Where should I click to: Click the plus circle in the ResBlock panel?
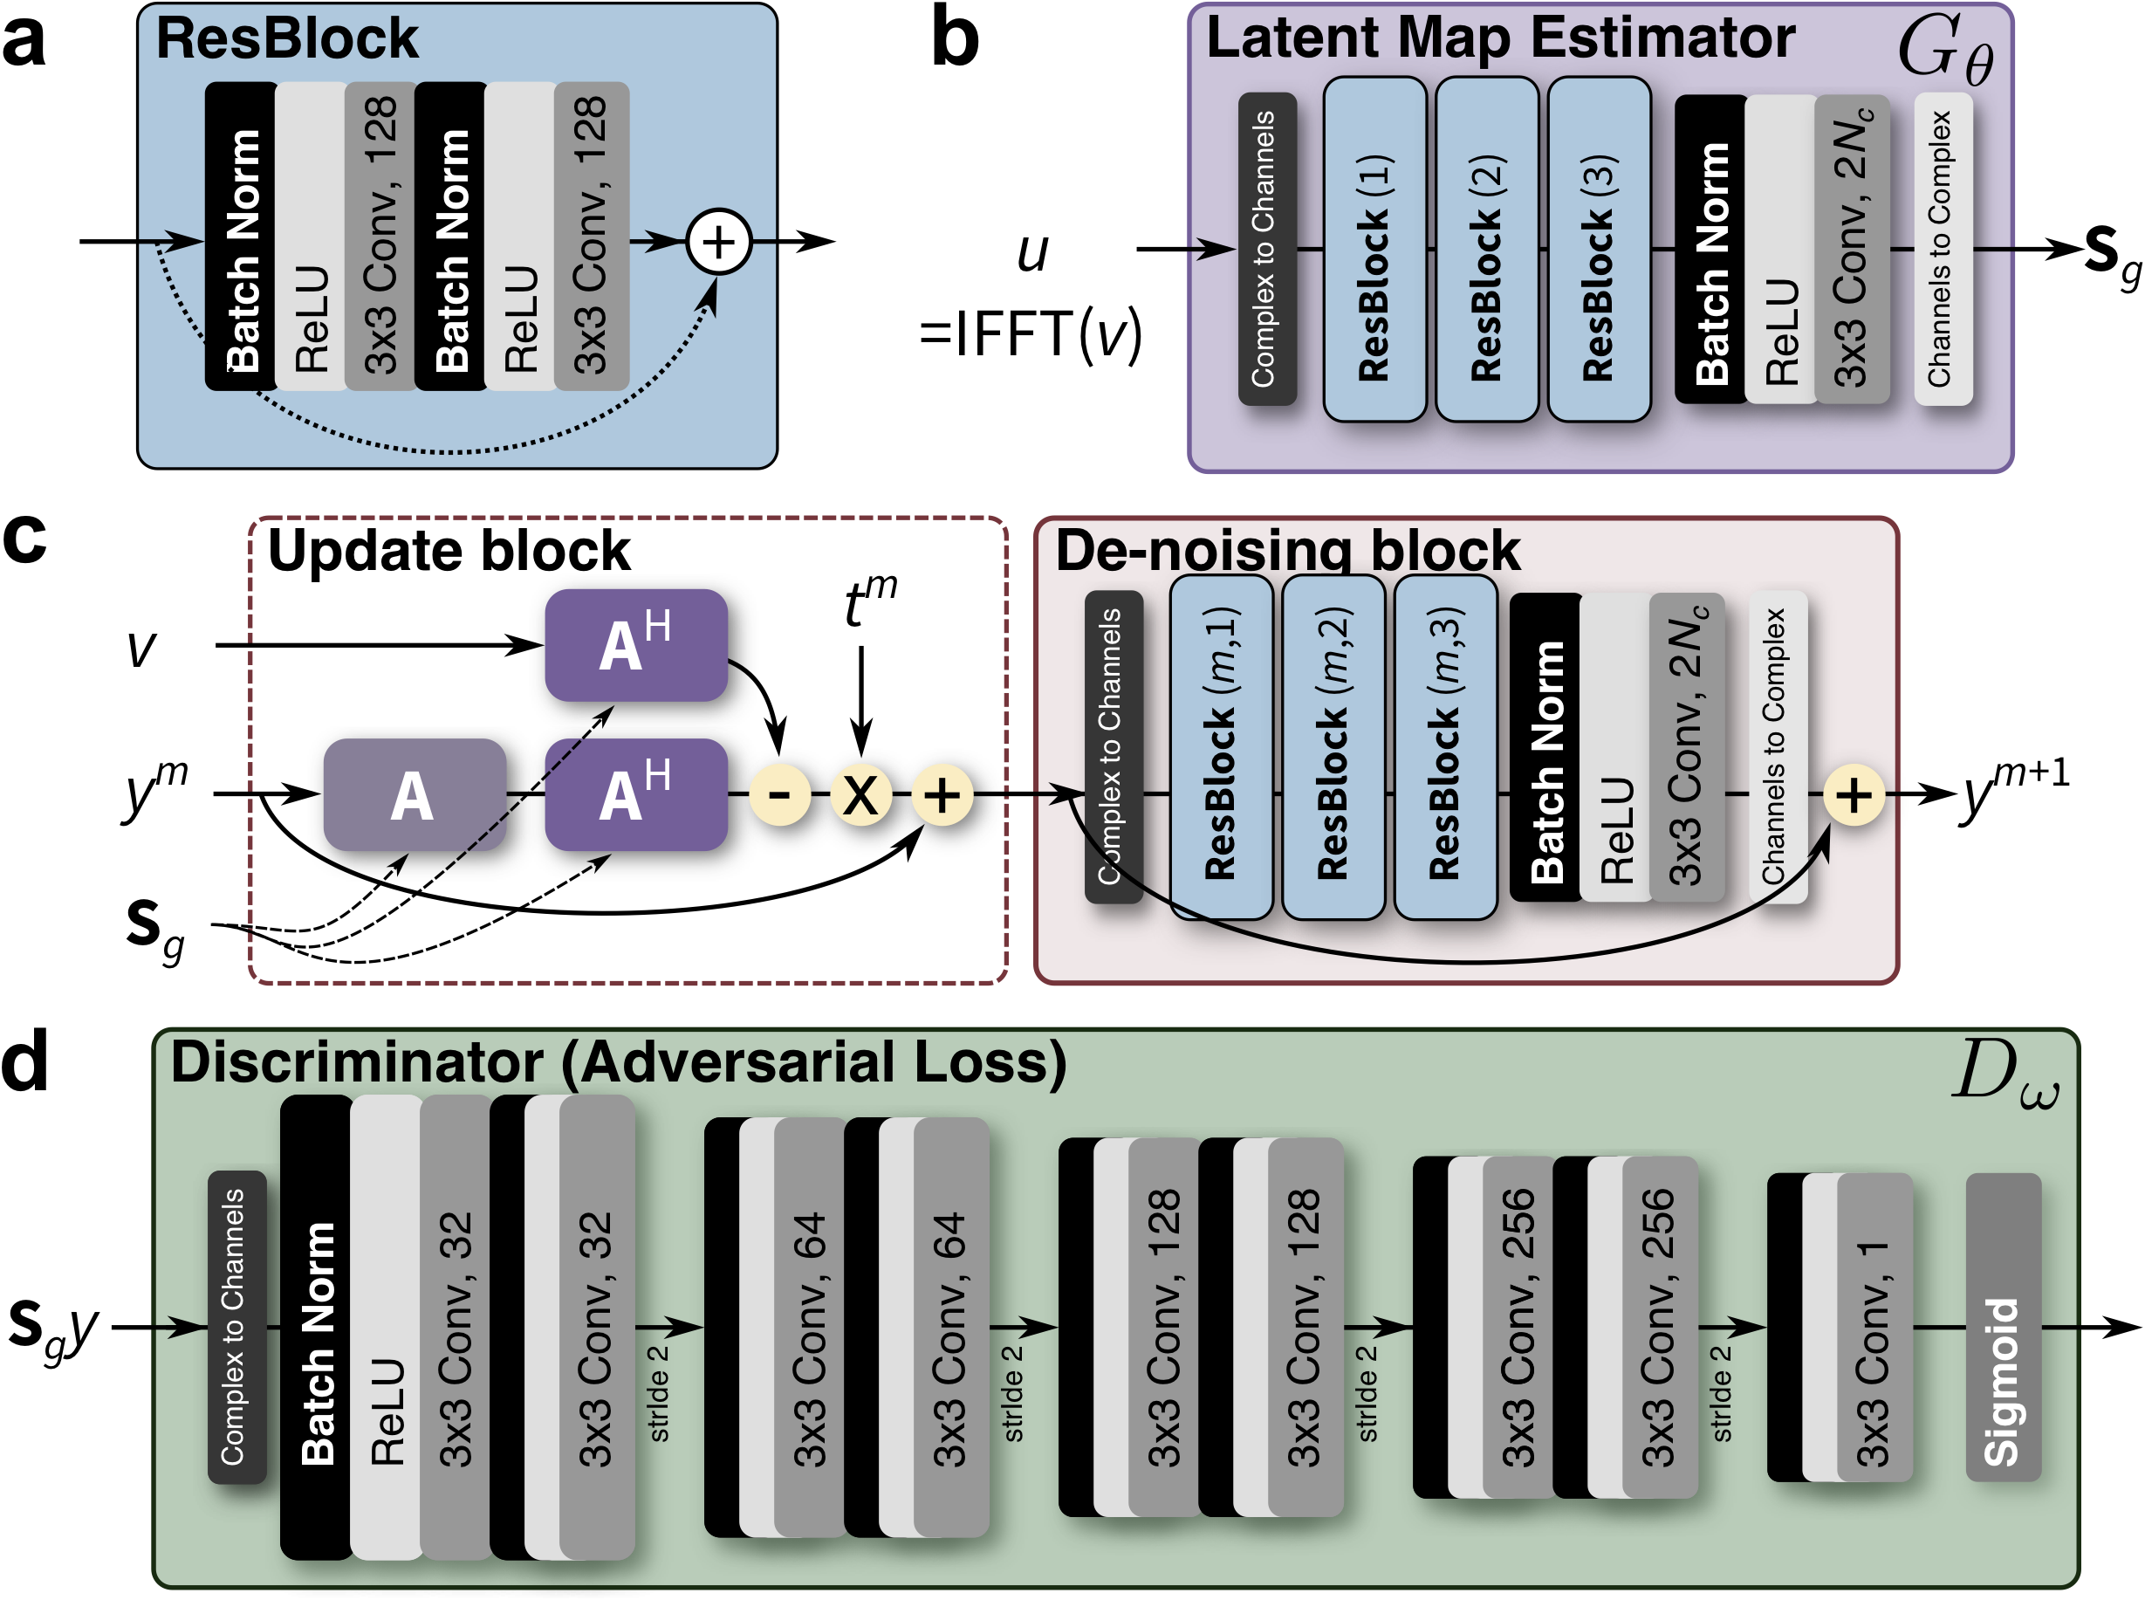tap(717, 241)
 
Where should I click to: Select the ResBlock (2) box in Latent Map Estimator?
tap(1485, 249)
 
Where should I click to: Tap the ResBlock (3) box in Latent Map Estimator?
tap(1598, 249)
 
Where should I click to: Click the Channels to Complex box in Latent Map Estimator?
tap(1942, 249)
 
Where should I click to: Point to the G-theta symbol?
tap(1944, 51)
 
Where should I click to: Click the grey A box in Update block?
tap(414, 794)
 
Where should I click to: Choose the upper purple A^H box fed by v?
tap(635, 644)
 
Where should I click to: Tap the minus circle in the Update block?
tap(779, 794)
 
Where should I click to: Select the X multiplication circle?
tap(860, 794)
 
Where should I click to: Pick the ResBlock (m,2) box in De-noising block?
tap(1332, 745)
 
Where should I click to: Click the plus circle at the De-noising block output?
tap(1853, 795)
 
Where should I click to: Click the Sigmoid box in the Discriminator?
tap(2002, 1326)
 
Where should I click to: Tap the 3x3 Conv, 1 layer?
tap(1873, 1326)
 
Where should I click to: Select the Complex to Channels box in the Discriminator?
tap(236, 1326)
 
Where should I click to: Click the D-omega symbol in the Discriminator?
tap(2003, 1075)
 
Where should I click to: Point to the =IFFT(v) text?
tap(1031, 335)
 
